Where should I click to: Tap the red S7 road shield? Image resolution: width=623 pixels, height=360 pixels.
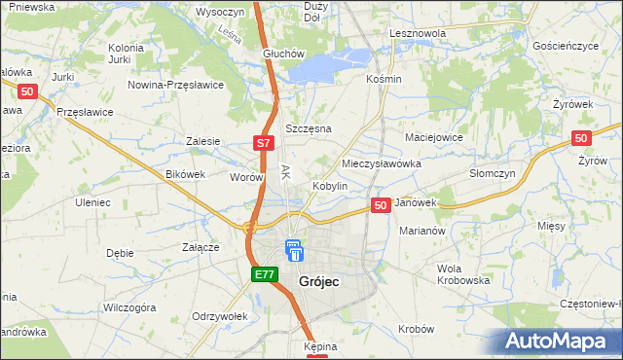(x=263, y=143)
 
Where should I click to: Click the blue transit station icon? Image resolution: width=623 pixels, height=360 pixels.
(x=294, y=250)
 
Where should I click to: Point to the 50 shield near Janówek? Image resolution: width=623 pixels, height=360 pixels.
(x=381, y=205)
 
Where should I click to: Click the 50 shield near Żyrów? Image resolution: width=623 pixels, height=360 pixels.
(x=582, y=139)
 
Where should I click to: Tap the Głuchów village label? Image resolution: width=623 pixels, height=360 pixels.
(x=284, y=54)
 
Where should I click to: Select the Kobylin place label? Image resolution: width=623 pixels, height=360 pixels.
(x=330, y=186)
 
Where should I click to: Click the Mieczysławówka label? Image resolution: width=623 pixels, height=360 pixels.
(x=382, y=163)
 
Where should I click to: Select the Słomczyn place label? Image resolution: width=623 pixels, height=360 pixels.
(x=492, y=172)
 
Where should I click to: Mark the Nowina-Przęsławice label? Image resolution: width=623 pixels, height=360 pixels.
(x=176, y=85)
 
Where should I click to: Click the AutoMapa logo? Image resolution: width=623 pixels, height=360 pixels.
(x=559, y=342)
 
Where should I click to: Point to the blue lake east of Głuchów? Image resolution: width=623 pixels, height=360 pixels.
(x=326, y=66)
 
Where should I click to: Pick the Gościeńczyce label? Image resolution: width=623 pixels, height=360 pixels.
(x=571, y=46)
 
